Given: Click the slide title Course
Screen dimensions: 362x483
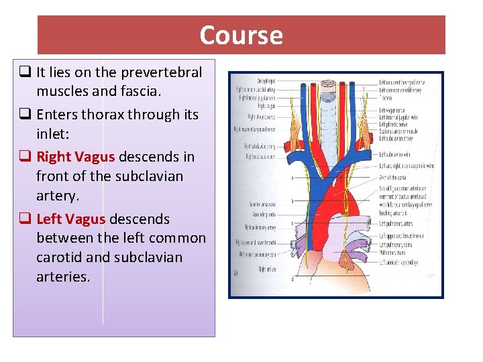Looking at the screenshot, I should tap(241, 35).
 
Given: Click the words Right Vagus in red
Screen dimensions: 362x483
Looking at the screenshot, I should tap(76, 157).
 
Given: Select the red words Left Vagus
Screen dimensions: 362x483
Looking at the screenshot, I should tap(70, 219).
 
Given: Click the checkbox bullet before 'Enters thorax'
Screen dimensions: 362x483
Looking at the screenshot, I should tap(23, 115).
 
